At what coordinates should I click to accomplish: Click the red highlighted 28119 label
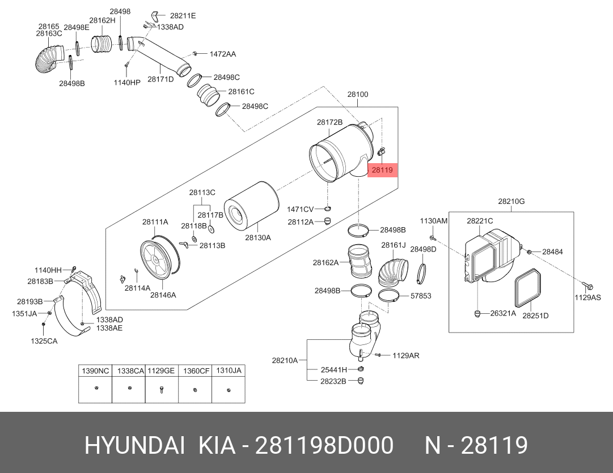point(383,169)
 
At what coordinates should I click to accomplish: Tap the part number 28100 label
point(358,95)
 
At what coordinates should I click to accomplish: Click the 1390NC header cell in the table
point(95,370)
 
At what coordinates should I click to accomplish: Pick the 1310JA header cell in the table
point(229,370)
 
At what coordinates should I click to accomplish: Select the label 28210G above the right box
point(511,201)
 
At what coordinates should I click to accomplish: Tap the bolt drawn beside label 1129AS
point(585,284)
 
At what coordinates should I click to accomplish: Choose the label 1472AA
point(223,54)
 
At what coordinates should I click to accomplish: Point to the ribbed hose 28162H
point(103,43)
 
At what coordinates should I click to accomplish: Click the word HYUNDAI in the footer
point(134,446)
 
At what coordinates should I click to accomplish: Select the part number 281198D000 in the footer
point(324,446)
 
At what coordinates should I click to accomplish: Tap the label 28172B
point(329,122)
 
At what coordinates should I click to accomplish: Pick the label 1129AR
point(406,355)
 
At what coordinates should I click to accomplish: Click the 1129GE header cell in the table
point(161,370)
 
